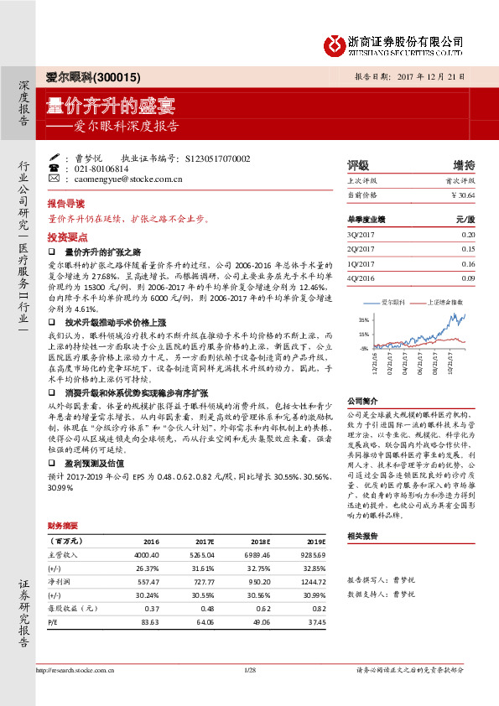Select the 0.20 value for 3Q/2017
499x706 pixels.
(x=468, y=236)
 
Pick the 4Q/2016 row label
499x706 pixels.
(x=359, y=277)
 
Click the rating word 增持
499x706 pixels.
(x=464, y=164)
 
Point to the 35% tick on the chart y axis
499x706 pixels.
(x=363, y=320)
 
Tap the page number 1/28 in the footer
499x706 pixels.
(x=248, y=692)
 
